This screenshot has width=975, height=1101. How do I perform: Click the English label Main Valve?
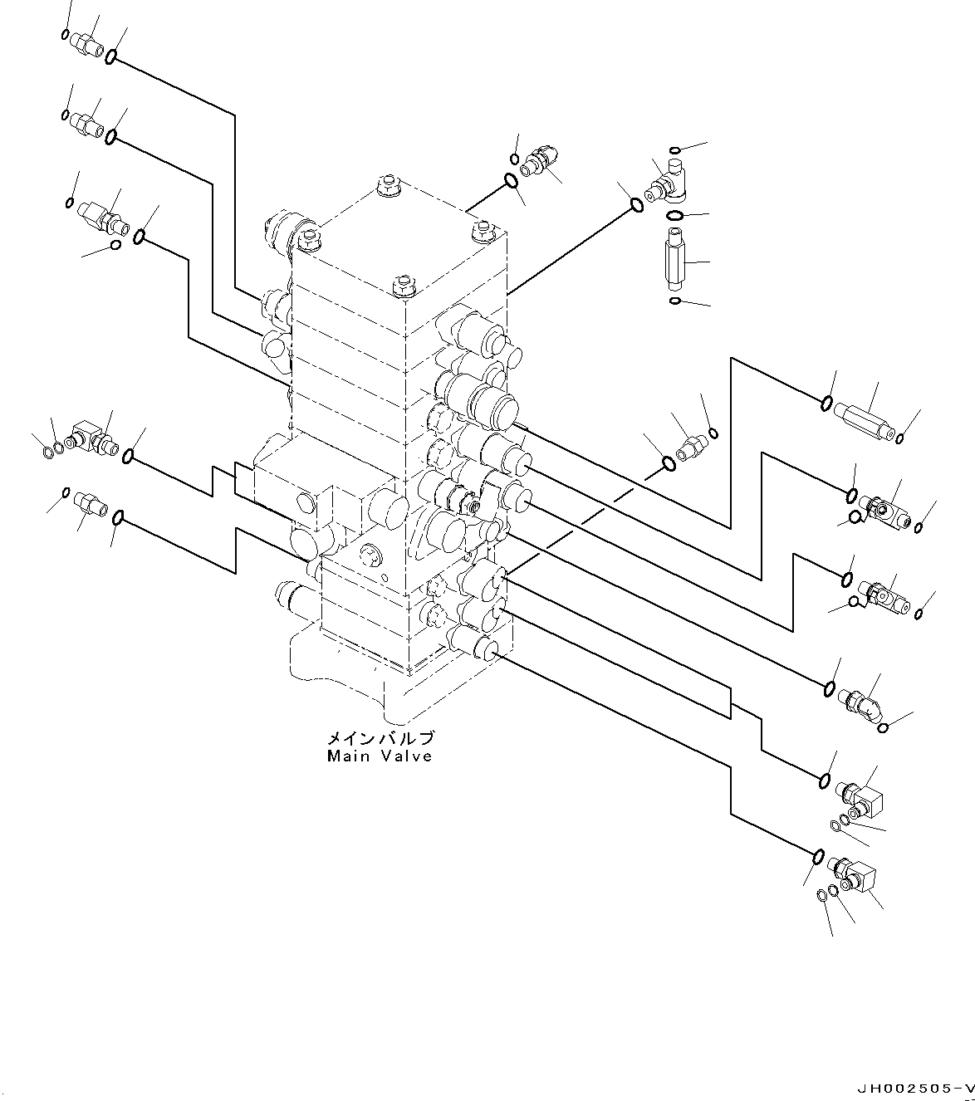click(x=380, y=756)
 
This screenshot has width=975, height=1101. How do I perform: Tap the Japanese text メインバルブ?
click(x=380, y=738)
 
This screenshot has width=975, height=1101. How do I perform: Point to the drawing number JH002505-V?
click(x=913, y=1087)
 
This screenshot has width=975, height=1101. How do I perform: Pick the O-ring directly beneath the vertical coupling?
click(x=675, y=300)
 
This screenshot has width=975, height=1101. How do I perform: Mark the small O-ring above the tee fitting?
click(x=675, y=150)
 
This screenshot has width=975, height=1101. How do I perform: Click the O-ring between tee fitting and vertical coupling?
click(x=675, y=217)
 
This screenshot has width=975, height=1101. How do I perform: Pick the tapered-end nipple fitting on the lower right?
click(x=860, y=699)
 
